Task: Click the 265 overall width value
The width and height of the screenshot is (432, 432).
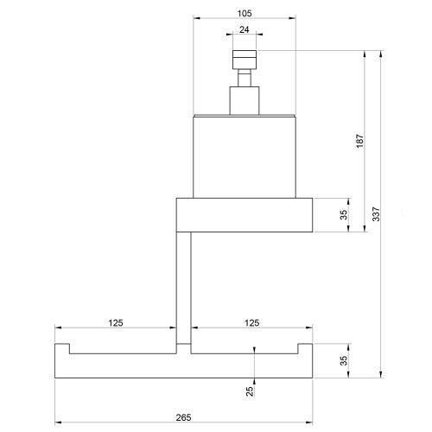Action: pos(183,417)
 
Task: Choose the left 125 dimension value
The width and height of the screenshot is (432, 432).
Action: pos(116,322)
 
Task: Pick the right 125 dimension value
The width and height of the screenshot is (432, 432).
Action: pos(251,322)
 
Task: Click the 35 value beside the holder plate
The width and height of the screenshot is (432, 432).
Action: pos(343,215)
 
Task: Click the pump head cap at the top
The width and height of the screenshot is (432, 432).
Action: pos(244,60)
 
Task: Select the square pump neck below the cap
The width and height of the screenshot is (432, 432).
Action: pos(244,99)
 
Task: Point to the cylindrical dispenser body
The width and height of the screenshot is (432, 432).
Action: pos(244,156)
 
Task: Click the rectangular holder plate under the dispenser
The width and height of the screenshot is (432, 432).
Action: pos(244,215)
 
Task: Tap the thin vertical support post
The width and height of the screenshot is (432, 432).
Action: pos(182,285)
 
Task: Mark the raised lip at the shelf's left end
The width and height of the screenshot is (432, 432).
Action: pos(61,349)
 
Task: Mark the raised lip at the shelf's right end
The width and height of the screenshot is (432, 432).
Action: pos(305,349)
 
